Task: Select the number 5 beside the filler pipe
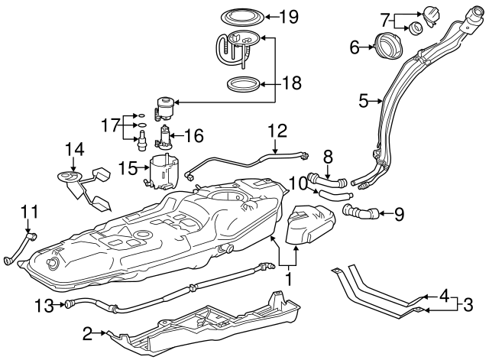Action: coord(364,99)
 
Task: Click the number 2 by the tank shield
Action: coord(88,333)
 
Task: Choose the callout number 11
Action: coord(28,210)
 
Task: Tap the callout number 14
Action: coord(73,150)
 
